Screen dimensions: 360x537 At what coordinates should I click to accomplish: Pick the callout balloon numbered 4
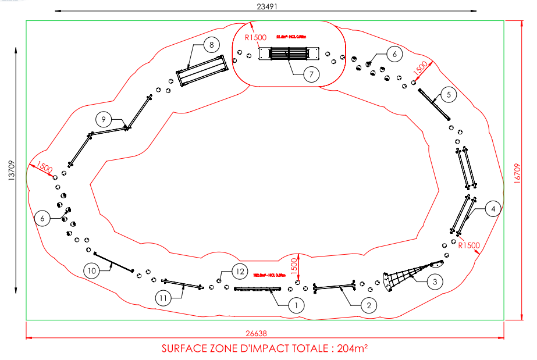pyautogui.click(x=493, y=208)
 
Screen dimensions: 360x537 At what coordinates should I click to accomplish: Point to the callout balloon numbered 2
pyautogui.click(x=368, y=304)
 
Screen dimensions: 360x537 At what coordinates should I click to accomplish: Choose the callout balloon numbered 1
pyautogui.click(x=296, y=304)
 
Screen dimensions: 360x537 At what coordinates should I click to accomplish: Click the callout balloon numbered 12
pyautogui.click(x=239, y=270)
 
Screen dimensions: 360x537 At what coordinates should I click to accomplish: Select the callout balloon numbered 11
pyautogui.click(x=163, y=298)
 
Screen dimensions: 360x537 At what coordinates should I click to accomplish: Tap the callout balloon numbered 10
pyautogui.click(x=91, y=270)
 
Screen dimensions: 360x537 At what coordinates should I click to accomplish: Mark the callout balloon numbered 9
pyautogui.click(x=103, y=119)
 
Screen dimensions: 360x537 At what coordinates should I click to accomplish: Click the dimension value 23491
pyautogui.click(x=266, y=5)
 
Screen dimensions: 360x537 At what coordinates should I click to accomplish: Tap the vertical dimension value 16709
pyautogui.click(x=518, y=172)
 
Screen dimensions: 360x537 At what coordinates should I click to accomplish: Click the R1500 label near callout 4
pyautogui.click(x=468, y=245)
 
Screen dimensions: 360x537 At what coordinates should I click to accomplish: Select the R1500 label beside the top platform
pyautogui.click(x=255, y=37)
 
